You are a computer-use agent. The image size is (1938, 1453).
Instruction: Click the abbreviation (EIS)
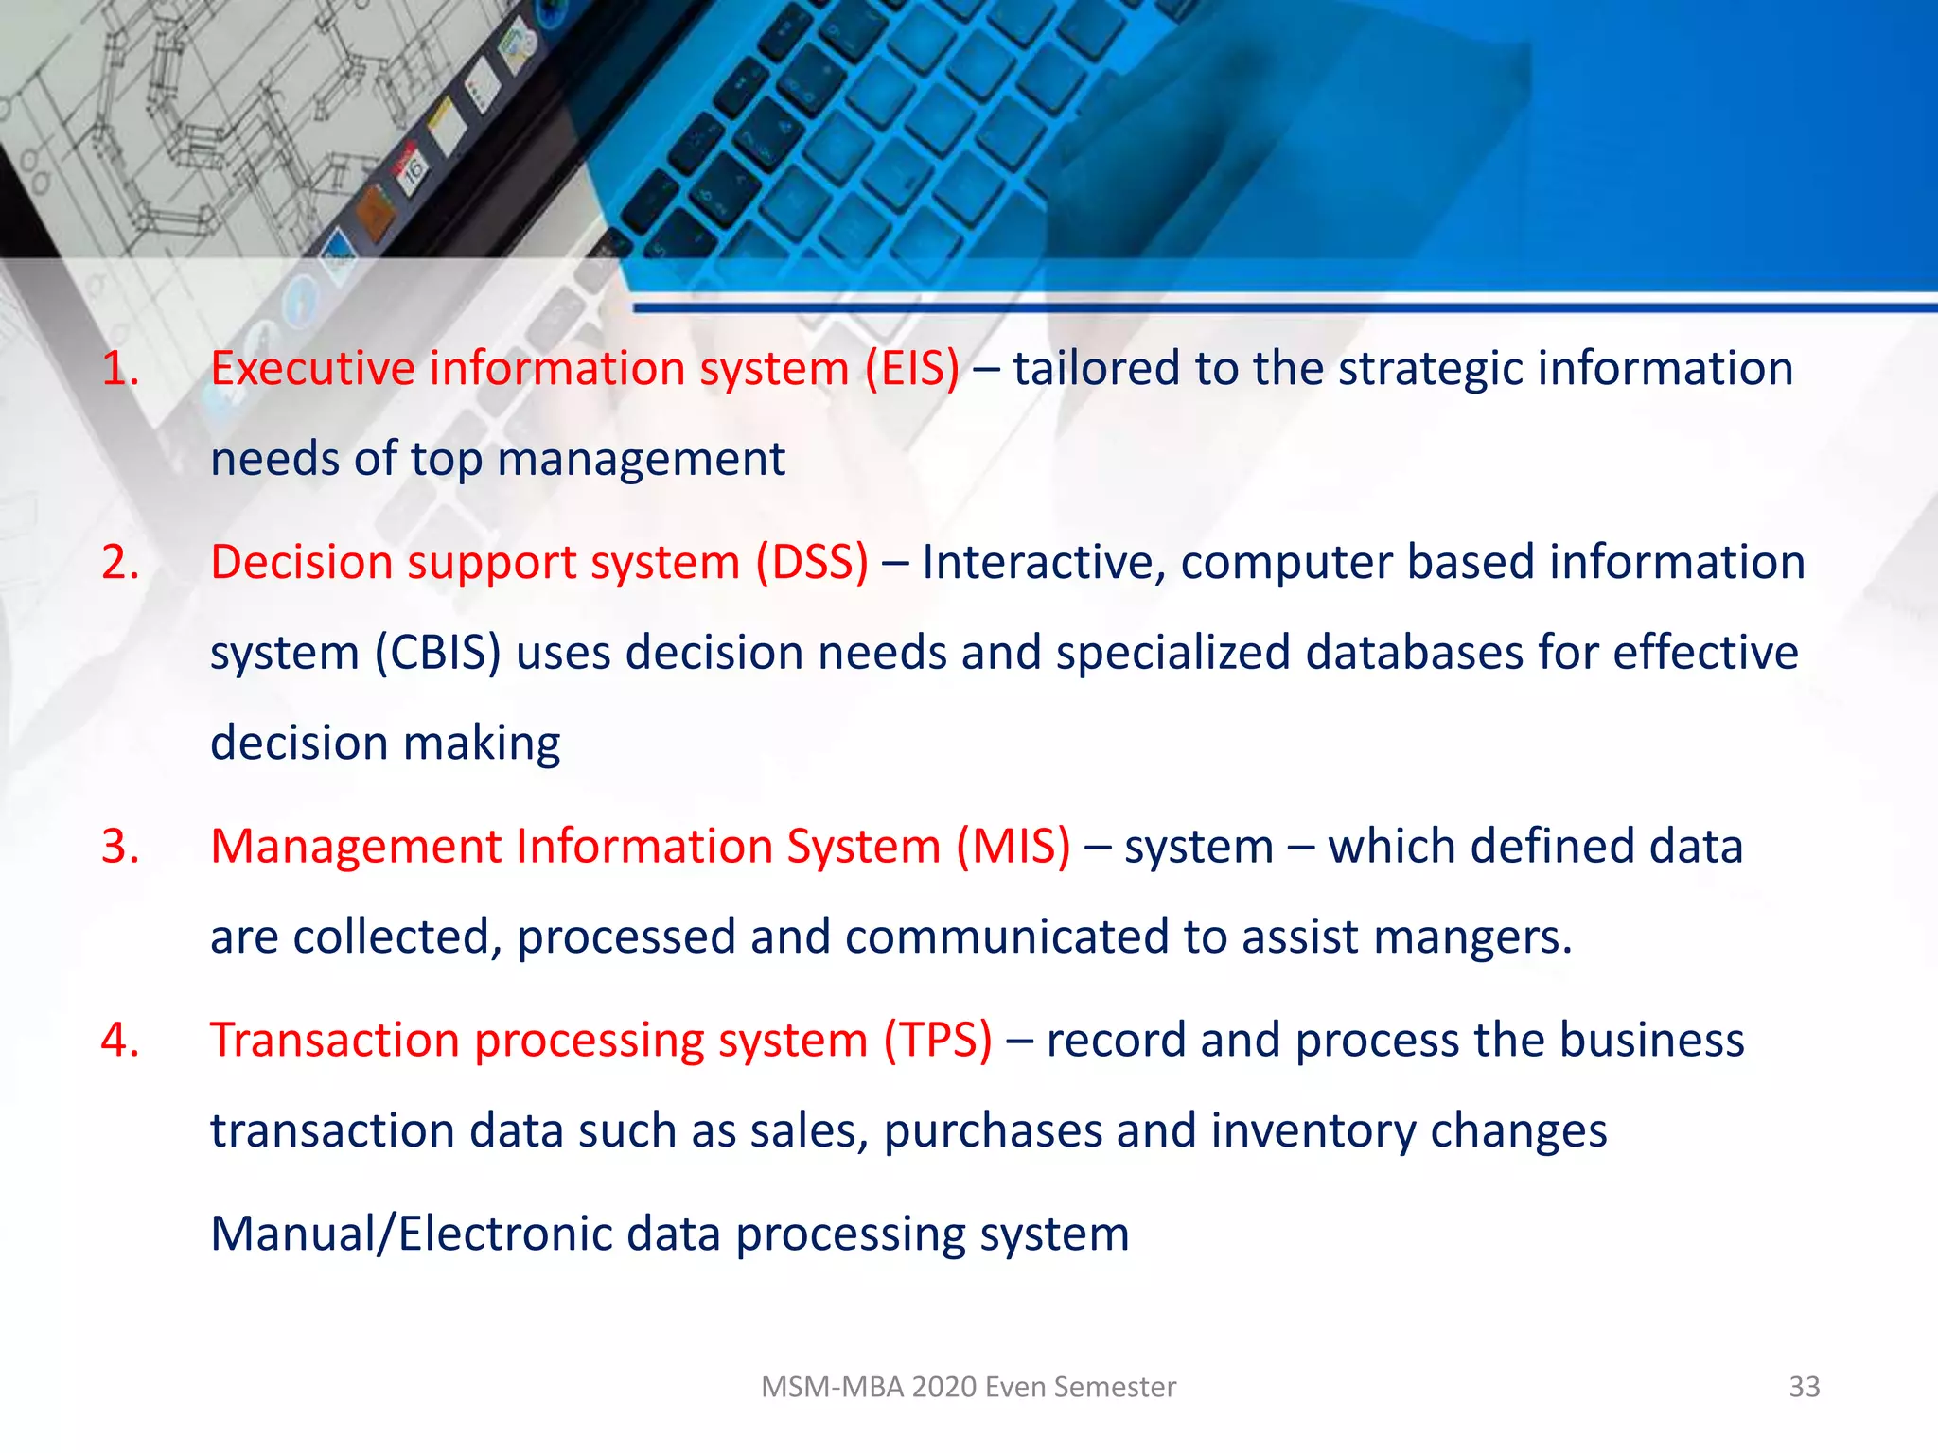pyautogui.click(x=912, y=369)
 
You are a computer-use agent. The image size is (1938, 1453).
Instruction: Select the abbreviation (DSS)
pyautogui.click(x=812, y=563)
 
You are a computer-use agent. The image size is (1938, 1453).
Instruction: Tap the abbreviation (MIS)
pyautogui.click(x=1013, y=847)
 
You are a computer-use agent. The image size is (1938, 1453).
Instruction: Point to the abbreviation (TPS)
pyautogui.click(x=938, y=1041)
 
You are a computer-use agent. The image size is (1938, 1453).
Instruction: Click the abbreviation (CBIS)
pyautogui.click(x=438, y=654)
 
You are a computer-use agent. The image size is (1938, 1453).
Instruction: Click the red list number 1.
pyautogui.click(x=120, y=369)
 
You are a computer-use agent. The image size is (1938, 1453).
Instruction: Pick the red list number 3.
pyautogui.click(x=120, y=847)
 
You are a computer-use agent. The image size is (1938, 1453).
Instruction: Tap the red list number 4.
pyautogui.click(x=120, y=1041)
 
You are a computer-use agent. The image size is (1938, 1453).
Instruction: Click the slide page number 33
pyautogui.click(x=1804, y=1387)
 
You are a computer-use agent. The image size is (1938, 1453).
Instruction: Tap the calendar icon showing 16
pyautogui.click(x=414, y=170)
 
